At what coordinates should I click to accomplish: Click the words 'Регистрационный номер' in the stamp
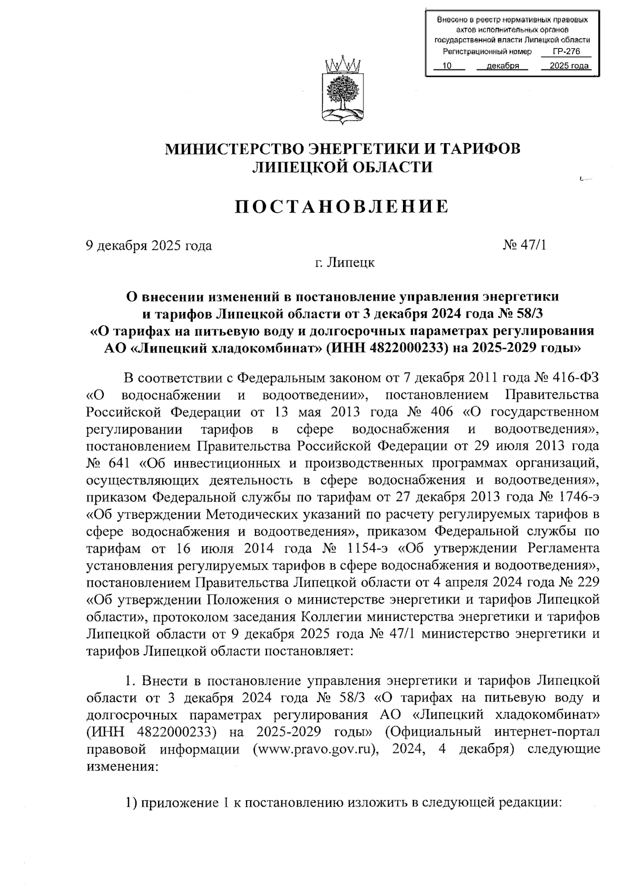coord(480,52)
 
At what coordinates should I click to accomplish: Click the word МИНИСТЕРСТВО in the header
coord(235,149)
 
